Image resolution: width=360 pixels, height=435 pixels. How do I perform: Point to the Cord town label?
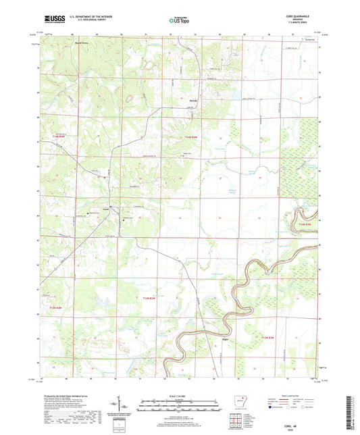tap(105, 209)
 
